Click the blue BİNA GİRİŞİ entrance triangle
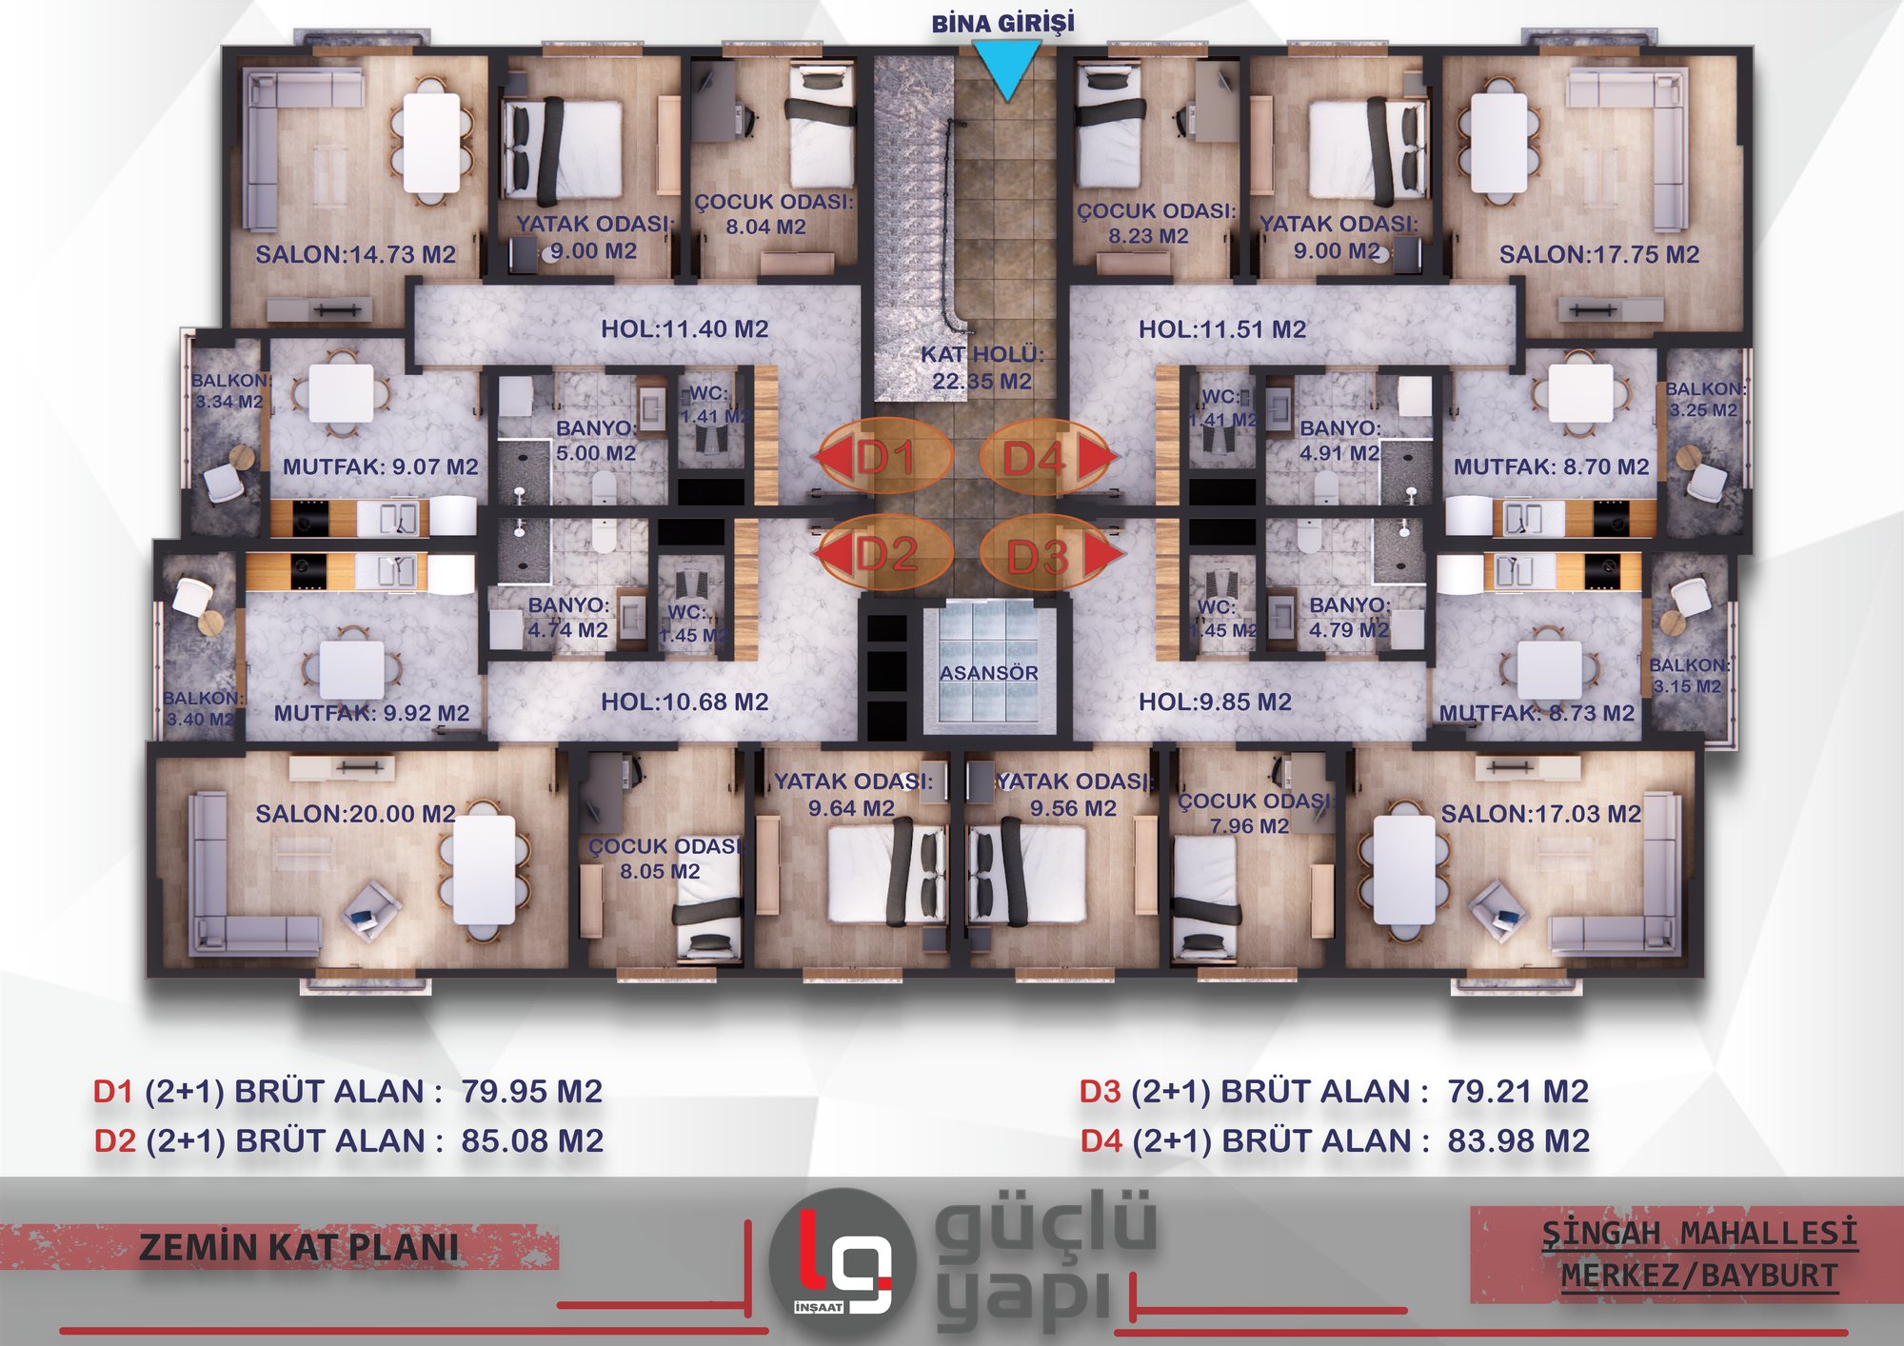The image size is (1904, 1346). click(1007, 69)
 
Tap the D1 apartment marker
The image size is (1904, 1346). click(884, 458)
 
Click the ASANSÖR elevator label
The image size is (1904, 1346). click(989, 673)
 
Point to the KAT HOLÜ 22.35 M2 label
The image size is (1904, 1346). click(982, 367)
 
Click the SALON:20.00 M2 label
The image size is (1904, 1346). click(355, 814)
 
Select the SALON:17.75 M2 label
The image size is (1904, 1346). click(1599, 254)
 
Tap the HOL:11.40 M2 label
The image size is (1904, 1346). click(684, 329)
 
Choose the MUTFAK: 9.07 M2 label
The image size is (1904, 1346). click(381, 466)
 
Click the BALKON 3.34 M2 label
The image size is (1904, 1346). click(228, 390)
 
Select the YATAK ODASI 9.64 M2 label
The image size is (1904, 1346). click(853, 795)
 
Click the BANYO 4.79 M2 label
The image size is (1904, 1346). click(1349, 617)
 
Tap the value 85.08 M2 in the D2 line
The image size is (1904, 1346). click(532, 1140)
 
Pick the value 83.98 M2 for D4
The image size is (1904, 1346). click(1518, 1140)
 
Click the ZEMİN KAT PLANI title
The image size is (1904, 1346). click(298, 1248)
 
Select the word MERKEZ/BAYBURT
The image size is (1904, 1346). click(1699, 1276)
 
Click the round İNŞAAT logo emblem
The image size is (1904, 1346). click(843, 1261)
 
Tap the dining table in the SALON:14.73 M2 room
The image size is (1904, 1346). click(431, 144)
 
